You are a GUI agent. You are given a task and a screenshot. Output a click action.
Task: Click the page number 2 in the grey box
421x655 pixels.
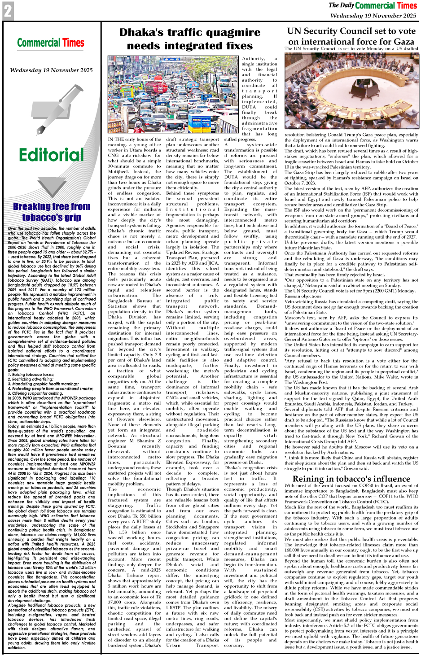tap(8, 11)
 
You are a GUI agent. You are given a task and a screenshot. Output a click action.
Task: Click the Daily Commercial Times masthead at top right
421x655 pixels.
tap(373, 5)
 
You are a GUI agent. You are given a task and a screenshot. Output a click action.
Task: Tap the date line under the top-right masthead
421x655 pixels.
tap(373, 15)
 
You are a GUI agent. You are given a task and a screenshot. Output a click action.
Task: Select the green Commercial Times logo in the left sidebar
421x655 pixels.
tap(51, 43)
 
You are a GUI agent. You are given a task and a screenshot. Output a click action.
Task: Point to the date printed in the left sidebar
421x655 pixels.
tap(51, 70)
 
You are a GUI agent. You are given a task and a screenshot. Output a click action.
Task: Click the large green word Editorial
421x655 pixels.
tap(51, 155)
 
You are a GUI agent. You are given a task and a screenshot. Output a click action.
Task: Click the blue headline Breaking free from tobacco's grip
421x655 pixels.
tap(52, 212)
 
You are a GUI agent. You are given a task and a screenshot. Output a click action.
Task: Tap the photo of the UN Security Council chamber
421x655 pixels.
tap(351, 91)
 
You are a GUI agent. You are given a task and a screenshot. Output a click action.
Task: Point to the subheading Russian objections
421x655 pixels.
tap(303, 296)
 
